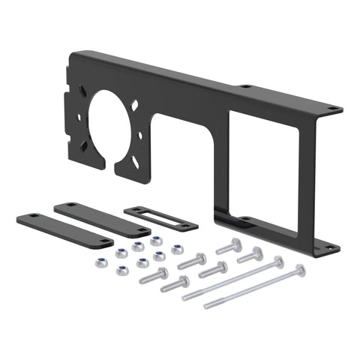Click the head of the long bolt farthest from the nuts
coord(301,268)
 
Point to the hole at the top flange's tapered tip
coord(331,112)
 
